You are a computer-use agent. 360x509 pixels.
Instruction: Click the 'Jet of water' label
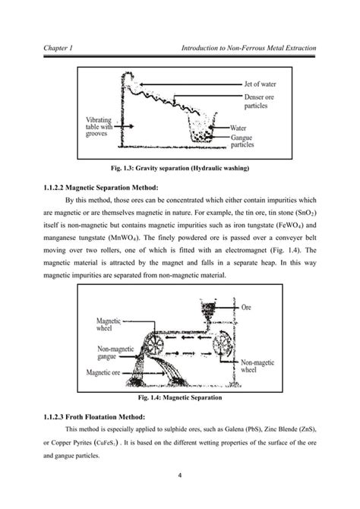click(x=260, y=84)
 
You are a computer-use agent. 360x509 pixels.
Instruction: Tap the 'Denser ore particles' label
click(x=259, y=101)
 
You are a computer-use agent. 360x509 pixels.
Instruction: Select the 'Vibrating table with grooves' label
click(x=99, y=127)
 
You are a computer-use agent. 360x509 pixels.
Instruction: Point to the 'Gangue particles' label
click(x=242, y=141)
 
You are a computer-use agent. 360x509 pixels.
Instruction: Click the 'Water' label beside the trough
click(x=238, y=128)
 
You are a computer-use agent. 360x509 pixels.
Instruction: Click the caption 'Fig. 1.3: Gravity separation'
click(x=180, y=168)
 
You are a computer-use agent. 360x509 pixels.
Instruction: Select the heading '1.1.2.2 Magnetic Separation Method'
click(x=101, y=188)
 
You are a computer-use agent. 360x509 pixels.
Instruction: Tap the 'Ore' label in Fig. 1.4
click(x=246, y=307)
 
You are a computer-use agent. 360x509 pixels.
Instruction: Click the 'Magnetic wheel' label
click(x=109, y=324)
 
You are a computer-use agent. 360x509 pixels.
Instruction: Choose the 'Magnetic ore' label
click(x=103, y=372)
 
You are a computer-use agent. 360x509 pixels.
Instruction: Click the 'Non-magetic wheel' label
click(x=257, y=366)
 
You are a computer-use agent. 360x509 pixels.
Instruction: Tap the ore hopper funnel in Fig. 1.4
click(x=208, y=311)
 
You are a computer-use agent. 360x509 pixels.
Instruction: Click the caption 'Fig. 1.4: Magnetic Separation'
click(x=180, y=397)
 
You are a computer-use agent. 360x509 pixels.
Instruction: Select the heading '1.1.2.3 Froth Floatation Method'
click(x=94, y=417)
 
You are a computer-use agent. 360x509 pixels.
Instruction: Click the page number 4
click(x=180, y=476)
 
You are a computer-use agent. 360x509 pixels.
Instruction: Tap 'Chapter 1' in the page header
click(x=58, y=48)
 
